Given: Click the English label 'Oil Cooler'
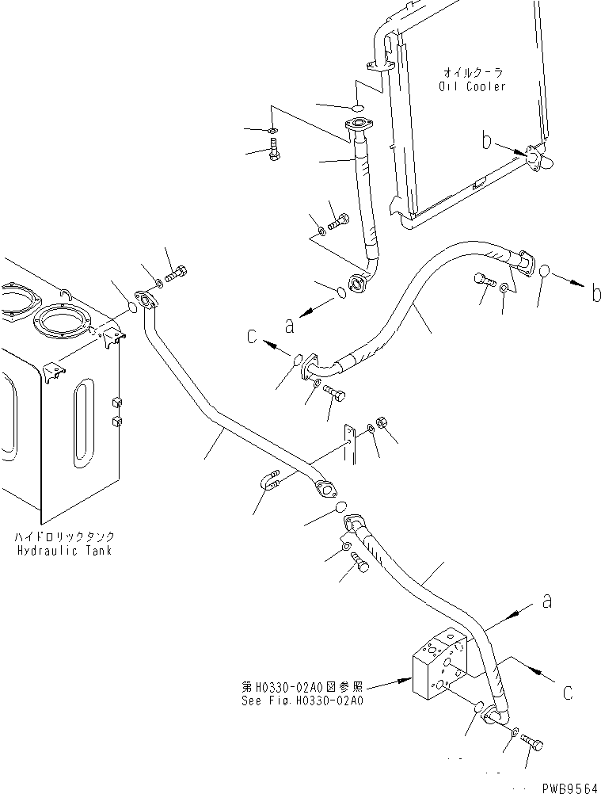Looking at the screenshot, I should tap(472, 86).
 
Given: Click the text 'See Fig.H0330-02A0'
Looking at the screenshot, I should tap(304, 700).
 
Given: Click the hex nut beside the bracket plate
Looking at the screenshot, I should tap(379, 421).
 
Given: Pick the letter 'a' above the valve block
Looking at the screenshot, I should tap(546, 602).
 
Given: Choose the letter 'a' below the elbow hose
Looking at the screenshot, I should tap(291, 323).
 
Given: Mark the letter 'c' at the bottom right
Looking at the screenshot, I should tap(567, 693).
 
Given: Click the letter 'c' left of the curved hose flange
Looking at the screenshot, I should tap(252, 336).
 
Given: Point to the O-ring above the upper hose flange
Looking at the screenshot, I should tap(357, 107).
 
